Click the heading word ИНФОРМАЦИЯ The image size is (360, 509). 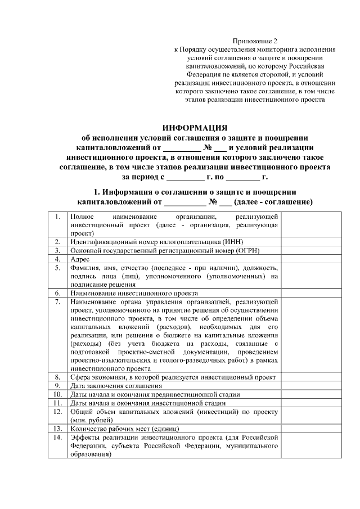tap(194, 128)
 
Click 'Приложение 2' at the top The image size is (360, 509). tap(255, 41)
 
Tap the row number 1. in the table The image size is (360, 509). tap(57, 217)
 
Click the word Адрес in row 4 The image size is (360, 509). tap(79, 259)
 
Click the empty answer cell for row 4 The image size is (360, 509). tap(311, 259)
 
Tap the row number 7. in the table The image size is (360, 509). tap(57, 302)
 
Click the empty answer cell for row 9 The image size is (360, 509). tap(311, 386)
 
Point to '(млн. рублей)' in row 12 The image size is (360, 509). tap(91, 420)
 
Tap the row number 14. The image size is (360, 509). tap(57, 437)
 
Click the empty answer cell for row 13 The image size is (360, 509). tap(311, 428)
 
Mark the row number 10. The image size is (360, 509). tap(57, 394)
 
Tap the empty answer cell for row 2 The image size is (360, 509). tap(311, 241)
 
